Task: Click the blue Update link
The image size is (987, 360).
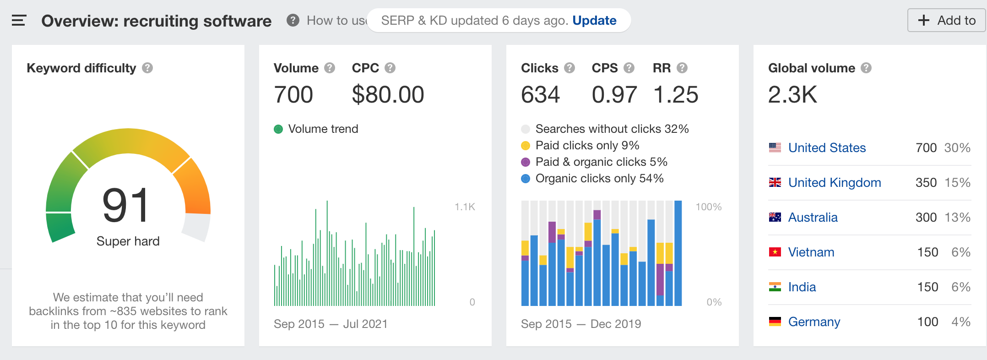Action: coord(594,21)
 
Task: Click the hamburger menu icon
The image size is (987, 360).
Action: coord(19,21)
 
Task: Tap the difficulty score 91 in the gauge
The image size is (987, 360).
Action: coord(126,206)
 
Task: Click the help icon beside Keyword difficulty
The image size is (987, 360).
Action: coord(147,68)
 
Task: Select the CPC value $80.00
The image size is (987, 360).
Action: coord(388,95)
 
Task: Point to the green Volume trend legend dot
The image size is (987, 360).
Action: coord(278,129)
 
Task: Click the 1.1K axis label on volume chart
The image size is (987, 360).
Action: coord(465,207)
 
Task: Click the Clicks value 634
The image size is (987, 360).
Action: coord(540,95)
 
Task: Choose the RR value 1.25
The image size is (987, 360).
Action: coord(676,95)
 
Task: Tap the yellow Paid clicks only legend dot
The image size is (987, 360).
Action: coord(526,146)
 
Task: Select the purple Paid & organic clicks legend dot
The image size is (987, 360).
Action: coord(526,162)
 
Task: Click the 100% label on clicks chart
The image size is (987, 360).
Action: coord(708,207)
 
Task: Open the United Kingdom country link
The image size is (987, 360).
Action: coord(834,183)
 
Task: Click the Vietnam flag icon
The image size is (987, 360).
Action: coord(775,252)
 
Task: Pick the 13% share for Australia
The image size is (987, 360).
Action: coord(957,218)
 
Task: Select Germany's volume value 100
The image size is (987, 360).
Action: coord(927,322)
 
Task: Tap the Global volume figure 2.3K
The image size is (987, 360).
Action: coord(792,95)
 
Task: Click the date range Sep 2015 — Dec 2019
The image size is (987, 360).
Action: coord(580,324)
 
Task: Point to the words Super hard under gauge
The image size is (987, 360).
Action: coord(128,241)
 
